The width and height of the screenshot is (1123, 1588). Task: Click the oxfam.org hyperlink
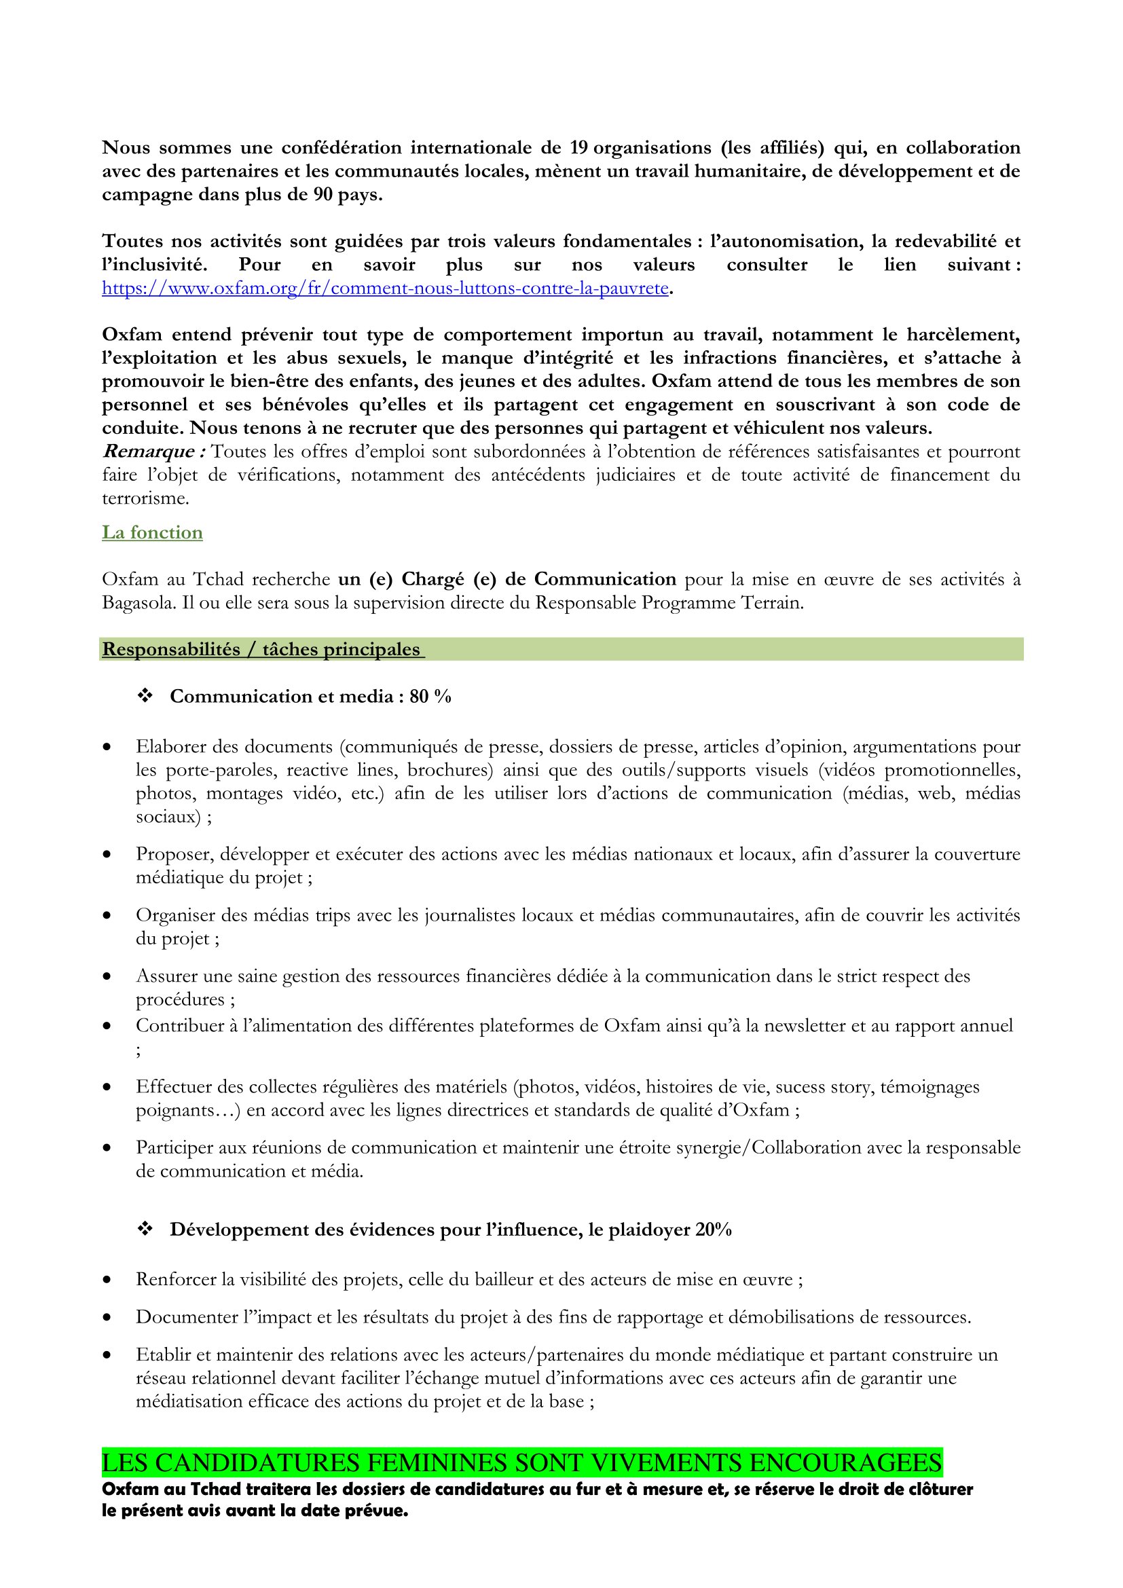384,289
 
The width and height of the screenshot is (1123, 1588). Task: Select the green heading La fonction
152,532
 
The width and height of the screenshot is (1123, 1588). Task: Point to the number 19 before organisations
578,148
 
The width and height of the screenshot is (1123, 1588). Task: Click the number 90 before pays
324,195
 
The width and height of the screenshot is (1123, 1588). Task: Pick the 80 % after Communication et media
430,697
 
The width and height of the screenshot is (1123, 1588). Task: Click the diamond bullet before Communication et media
145,696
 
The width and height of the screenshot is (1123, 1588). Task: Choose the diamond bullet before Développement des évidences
145,1229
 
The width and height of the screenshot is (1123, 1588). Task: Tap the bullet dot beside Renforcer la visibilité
107,1280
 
